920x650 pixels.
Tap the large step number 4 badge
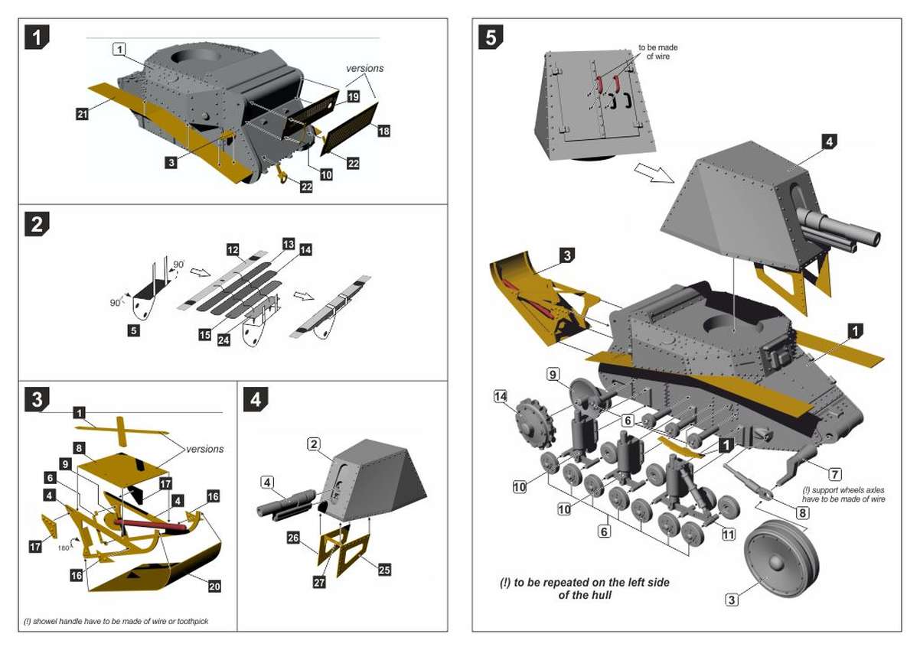click(x=256, y=398)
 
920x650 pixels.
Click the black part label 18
click(x=383, y=132)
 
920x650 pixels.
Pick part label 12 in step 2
click(x=233, y=250)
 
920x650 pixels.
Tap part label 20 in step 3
click(x=214, y=587)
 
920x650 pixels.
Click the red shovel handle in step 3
click(x=150, y=525)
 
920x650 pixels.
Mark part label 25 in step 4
click(x=384, y=569)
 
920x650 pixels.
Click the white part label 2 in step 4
click(x=314, y=444)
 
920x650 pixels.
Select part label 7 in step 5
click(x=834, y=474)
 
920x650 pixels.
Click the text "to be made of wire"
click(x=658, y=51)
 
